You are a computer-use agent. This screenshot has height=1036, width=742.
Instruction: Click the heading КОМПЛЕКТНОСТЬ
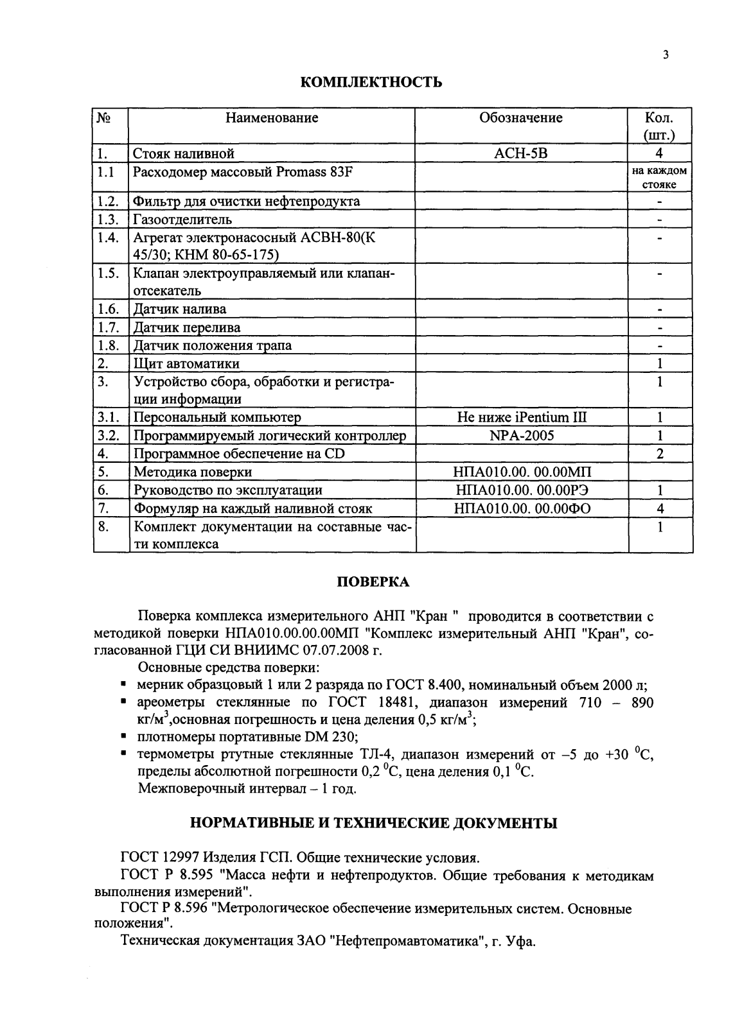pyautogui.click(x=371, y=83)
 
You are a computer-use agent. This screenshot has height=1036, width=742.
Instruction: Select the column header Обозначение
pyautogui.click(x=521, y=118)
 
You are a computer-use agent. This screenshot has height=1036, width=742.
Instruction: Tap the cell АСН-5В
pyautogui.click(x=521, y=153)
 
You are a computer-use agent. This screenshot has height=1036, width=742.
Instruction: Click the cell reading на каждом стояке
pyautogui.click(x=660, y=178)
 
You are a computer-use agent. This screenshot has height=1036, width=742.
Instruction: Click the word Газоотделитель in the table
pyautogui.click(x=182, y=220)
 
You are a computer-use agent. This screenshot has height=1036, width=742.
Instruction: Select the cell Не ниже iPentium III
pyautogui.click(x=521, y=417)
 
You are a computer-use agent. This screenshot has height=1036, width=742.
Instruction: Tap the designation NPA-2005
pyautogui.click(x=521, y=435)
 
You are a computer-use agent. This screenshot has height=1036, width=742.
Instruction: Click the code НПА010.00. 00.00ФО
pyautogui.click(x=521, y=508)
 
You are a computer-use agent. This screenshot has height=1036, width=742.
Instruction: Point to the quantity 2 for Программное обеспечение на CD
pyautogui.click(x=660, y=454)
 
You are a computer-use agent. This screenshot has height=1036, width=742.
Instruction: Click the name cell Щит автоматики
pyautogui.click(x=186, y=363)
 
